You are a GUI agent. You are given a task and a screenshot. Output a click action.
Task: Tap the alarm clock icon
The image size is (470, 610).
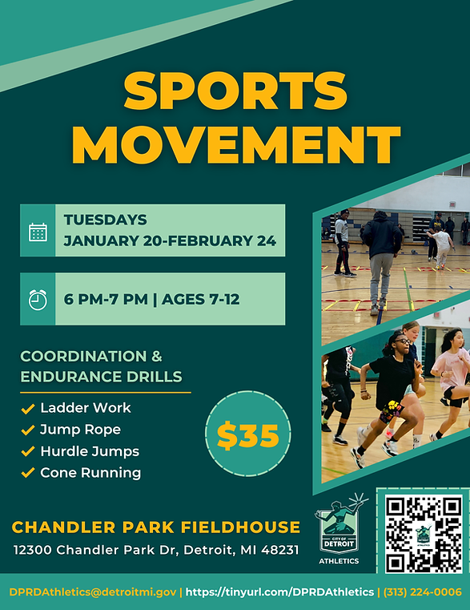38,300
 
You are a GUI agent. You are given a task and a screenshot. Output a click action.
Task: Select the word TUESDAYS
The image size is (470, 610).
105,220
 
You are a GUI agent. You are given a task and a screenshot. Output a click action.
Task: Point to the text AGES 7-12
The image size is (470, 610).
200,301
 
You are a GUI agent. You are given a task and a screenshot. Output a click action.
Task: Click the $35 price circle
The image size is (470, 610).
247,436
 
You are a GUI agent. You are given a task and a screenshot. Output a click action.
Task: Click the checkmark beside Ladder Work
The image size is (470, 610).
27,409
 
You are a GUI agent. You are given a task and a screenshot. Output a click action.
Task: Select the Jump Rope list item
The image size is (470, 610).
80,430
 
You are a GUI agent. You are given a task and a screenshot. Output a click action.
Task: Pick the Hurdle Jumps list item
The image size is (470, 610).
89,451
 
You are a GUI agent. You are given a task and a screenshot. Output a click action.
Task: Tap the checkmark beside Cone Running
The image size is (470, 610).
27,474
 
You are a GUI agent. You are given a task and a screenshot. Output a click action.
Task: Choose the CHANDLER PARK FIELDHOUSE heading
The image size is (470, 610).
156,527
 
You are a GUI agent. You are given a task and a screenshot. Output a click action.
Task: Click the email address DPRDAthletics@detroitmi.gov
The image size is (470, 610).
92,592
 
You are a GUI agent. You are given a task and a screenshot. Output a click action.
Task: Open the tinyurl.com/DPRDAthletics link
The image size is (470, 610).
279,592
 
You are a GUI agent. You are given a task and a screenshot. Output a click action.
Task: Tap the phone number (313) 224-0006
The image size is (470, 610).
423,592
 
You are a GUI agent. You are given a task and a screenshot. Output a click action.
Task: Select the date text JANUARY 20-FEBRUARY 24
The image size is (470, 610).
170,240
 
